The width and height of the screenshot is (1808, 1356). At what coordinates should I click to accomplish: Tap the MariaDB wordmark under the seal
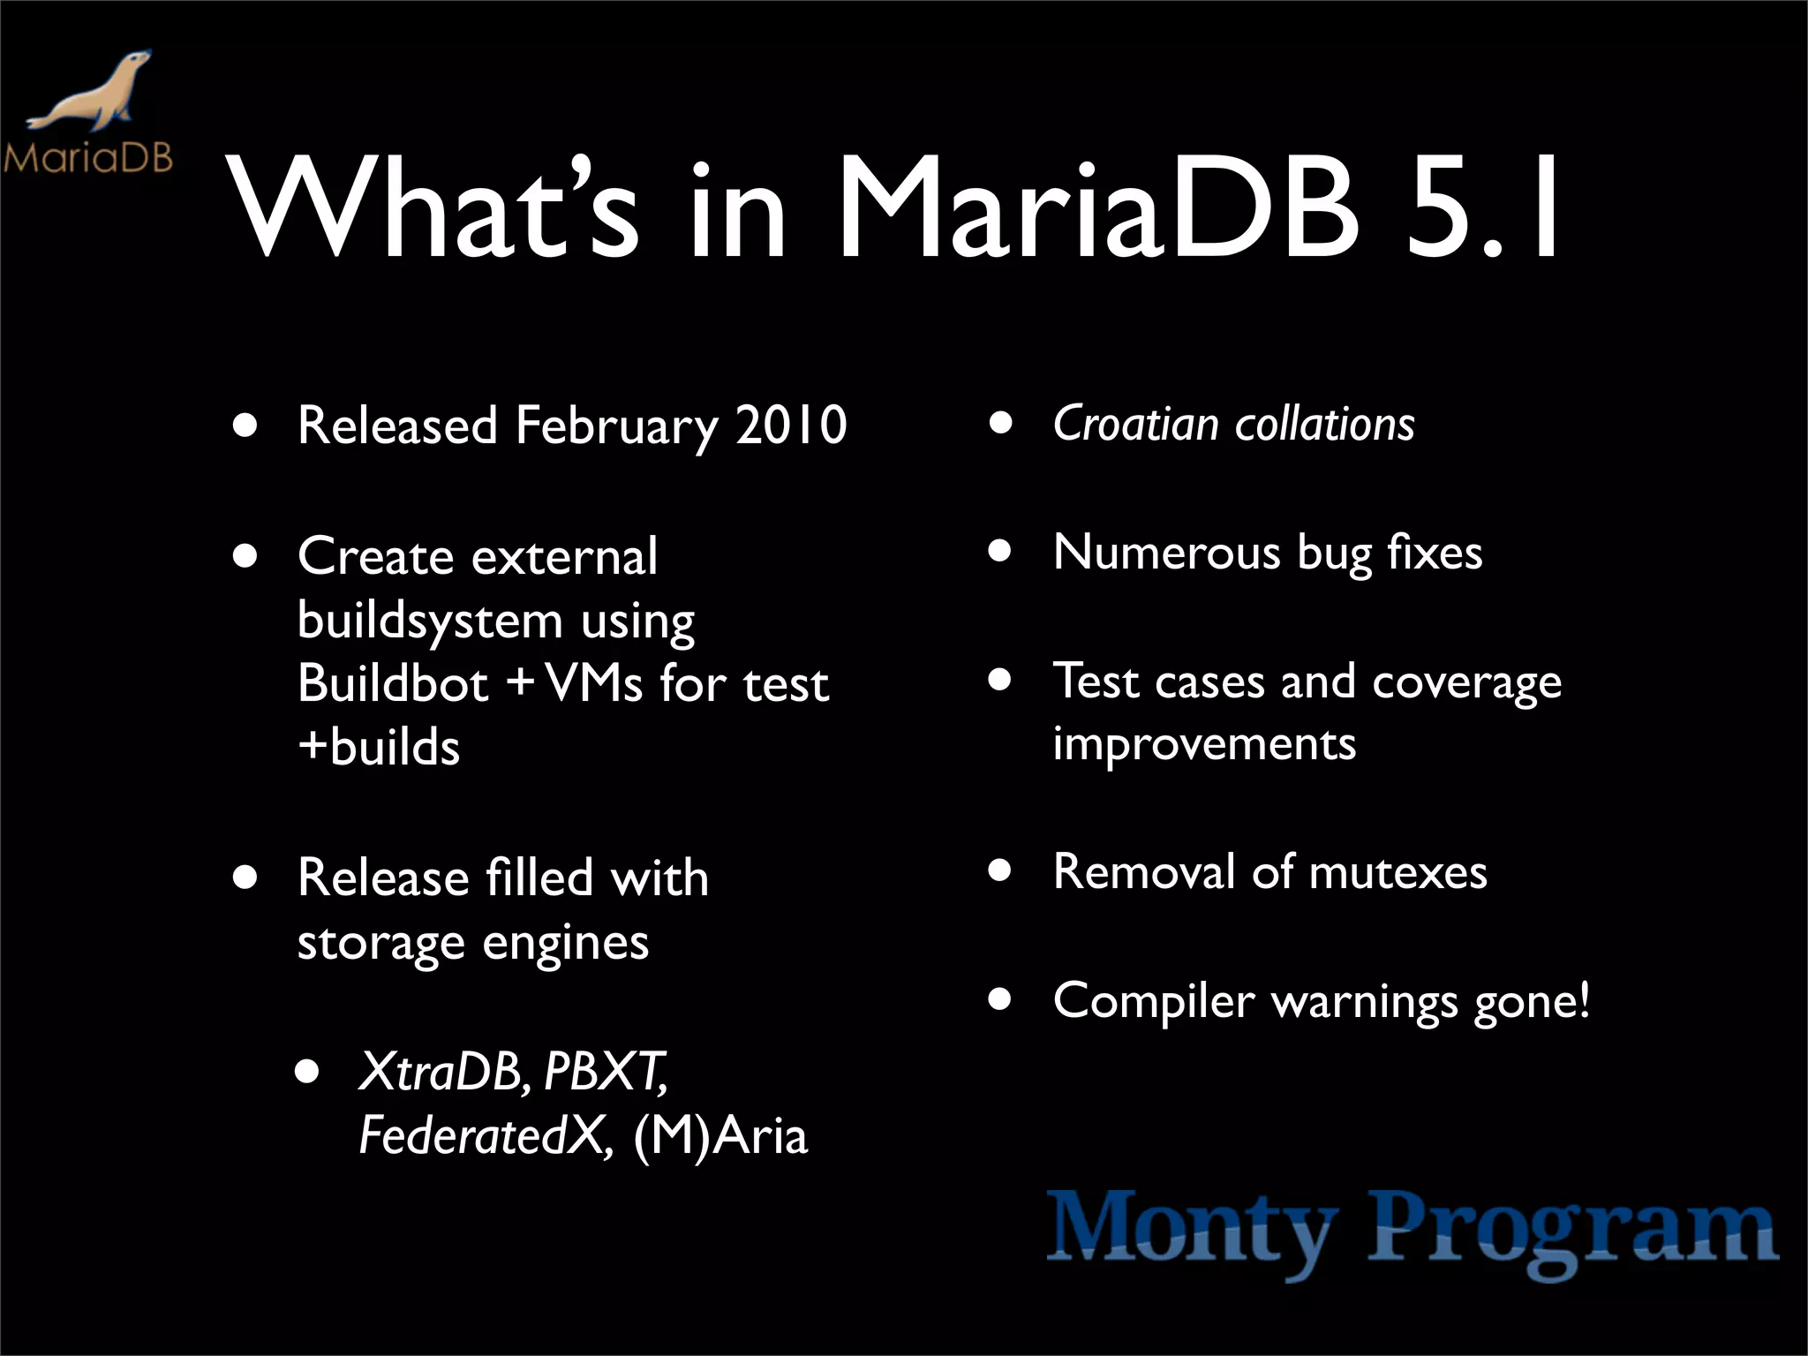pos(87,158)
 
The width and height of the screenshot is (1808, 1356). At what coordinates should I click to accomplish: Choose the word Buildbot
pos(393,683)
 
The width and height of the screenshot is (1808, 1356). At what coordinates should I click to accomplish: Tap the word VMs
pos(594,683)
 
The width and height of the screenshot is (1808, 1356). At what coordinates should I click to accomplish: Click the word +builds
pos(379,747)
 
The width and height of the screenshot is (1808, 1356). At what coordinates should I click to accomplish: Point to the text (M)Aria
pos(719,1136)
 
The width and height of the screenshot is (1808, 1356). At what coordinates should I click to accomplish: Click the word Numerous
pos(1166,554)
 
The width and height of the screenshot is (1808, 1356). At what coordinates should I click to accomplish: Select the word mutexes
pos(1397,872)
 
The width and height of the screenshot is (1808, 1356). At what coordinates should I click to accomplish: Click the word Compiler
pos(1153,1001)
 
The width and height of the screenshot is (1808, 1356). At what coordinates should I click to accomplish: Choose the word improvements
pos(1204,743)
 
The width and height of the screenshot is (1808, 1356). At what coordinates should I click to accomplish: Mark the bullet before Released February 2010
pos(245,426)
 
